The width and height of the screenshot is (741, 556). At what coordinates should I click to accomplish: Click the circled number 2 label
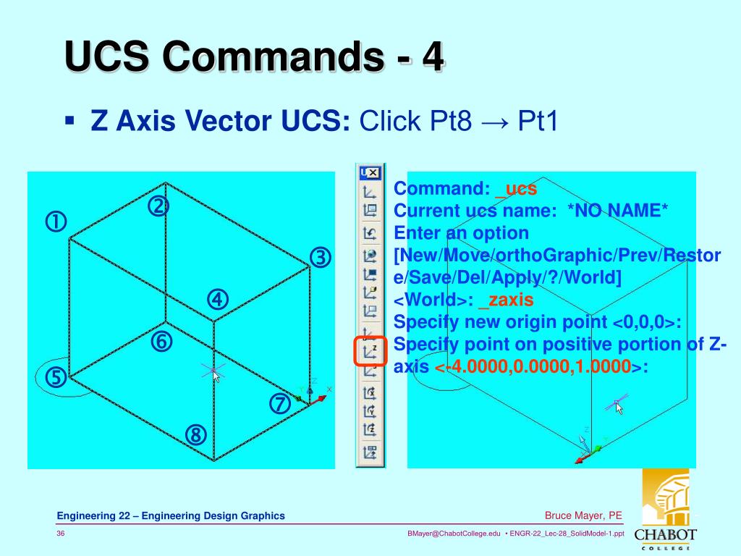point(158,207)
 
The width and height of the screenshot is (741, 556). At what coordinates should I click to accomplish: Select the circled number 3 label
point(321,258)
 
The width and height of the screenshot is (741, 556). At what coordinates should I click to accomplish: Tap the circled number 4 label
point(218,299)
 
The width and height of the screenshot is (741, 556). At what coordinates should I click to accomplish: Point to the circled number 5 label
point(56,377)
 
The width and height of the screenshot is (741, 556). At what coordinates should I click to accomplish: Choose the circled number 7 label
point(280,404)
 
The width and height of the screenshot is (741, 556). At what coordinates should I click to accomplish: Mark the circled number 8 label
point(195,434)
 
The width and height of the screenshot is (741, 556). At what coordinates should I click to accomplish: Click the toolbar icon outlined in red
point(370,351)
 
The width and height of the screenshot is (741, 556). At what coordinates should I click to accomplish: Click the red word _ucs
point(516,189)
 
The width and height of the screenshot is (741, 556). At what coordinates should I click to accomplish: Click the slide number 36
point(62,534)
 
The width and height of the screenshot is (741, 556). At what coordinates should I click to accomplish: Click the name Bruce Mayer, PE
point(583,515)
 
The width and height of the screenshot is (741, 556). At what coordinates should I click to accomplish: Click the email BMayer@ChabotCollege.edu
point(454,534)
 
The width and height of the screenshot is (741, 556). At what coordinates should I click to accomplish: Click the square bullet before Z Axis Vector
point(69,119)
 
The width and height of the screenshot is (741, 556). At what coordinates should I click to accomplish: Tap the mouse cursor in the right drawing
point(619,407)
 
